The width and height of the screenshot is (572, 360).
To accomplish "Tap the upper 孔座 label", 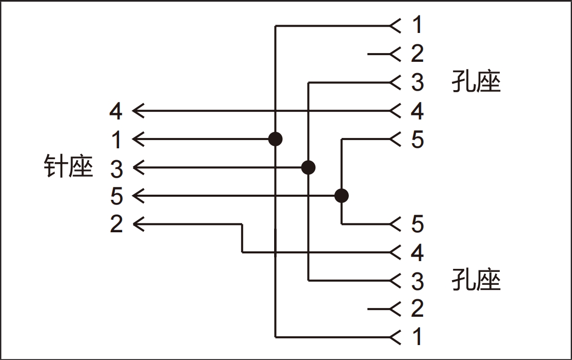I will click(x=476, y=82).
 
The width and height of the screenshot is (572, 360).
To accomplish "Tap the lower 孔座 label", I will click(x=476, y=280).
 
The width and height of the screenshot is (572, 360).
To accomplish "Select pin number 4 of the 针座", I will click(x=116, y=111).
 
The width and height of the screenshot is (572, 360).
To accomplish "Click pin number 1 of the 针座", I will click(x=116, y=139).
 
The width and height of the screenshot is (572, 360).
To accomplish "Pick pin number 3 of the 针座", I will click(x=116, y=168).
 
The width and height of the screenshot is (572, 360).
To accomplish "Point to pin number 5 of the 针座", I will click(x=116, y=196).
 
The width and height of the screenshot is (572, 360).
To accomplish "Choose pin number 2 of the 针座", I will click(x=116, y=224).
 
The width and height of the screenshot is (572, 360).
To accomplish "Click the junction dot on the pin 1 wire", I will click(x=276, y=139).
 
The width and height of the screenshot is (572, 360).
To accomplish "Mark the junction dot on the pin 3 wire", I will click(x=308, y=167).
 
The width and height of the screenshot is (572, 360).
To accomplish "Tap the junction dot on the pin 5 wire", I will click(x=341, y=196).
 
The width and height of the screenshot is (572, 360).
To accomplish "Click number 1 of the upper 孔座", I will click(x=417, y=25).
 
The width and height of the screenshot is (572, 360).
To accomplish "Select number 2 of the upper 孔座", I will click(x=417, y=54).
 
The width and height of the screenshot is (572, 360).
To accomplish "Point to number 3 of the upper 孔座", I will click(x=417, y=82).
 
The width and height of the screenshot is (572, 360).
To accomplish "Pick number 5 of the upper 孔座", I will click(x=417, y=139).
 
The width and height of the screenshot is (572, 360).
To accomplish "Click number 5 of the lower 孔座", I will click(x=417, y=224).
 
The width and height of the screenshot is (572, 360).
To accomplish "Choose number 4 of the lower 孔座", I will click(x=417, y=252).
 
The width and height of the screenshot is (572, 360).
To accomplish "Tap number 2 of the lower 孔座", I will click(x=417, y=308).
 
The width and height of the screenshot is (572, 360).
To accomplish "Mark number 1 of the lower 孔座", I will click(x=417, y=337).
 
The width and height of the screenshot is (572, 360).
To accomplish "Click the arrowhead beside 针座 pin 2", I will click(x=138, y=224).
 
